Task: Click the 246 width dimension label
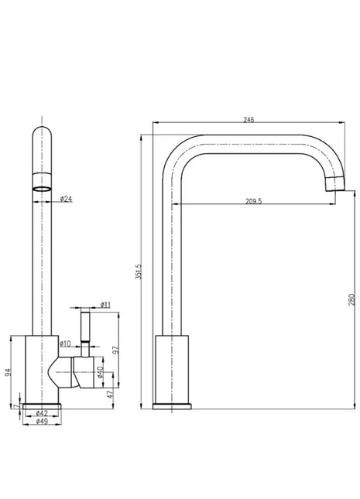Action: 249,120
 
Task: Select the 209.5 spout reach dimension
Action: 254,201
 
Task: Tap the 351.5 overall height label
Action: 139,272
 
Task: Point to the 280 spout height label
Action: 351,299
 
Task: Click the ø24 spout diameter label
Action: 67,199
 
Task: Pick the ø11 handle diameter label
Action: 105,305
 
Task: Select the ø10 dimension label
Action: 65,343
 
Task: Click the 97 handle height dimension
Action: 116,350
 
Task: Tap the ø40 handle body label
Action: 100,371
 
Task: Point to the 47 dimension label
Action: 110,395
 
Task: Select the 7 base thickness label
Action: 16,406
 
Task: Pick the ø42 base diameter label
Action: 42,413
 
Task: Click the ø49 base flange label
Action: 42,422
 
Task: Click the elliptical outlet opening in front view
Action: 42,189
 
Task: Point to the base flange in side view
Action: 172,406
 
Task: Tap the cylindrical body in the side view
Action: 172,369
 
